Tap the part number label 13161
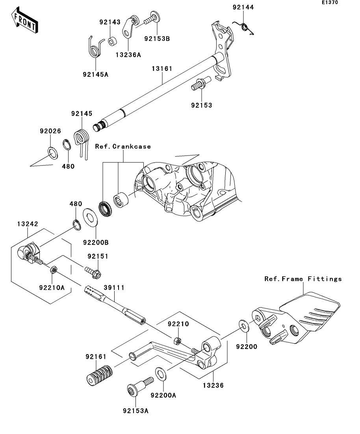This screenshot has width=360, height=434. point(162,68)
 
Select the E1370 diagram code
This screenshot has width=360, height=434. point(330,2)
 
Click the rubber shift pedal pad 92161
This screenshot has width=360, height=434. point(99,375)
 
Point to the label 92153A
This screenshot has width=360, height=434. point(136,411)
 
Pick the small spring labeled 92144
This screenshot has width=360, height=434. point(243,28)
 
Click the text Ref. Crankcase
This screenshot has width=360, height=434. point(123,146)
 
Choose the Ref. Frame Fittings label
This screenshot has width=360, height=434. point(303,279)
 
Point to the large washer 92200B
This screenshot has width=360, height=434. point(90,217)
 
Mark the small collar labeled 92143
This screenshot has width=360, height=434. point(112,42)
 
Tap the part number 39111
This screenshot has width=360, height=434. point(114,288)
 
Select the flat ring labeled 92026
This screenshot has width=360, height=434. point(53,153)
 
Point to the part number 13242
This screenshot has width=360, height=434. point(28,223)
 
